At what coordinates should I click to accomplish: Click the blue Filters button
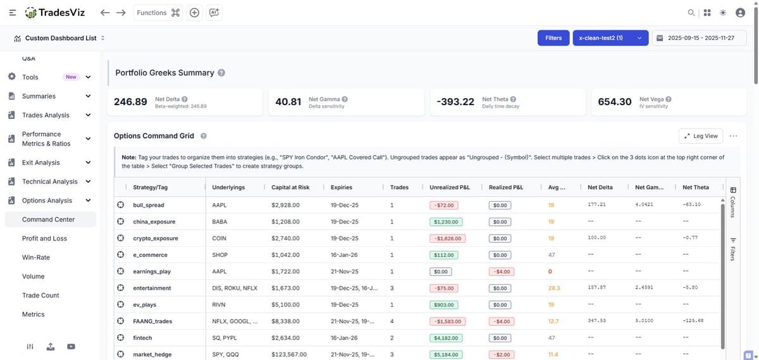point(553,38)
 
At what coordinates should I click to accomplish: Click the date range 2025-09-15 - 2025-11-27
point(696,38)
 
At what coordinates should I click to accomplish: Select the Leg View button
point(701,136)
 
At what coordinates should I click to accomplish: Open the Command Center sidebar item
point(48,220)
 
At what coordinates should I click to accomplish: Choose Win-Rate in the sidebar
point(36,258)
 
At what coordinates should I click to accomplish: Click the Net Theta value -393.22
point(455,102)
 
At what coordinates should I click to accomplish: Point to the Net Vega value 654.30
point(614,102)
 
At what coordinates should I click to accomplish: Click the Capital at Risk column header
point(290,187)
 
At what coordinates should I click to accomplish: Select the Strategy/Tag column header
point(151,187)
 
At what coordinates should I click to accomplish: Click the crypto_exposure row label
point(156,239)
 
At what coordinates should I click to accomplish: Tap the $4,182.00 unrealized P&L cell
point(447,338)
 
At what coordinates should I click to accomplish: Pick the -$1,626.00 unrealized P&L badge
point(447,239)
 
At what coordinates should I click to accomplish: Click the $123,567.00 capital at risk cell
point(289,354)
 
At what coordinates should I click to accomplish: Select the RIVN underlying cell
point(219,305)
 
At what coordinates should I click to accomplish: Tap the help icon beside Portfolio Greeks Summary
point(221,73)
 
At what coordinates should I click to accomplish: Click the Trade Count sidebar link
point(40,295)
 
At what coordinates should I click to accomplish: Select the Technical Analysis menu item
point(50,182)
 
